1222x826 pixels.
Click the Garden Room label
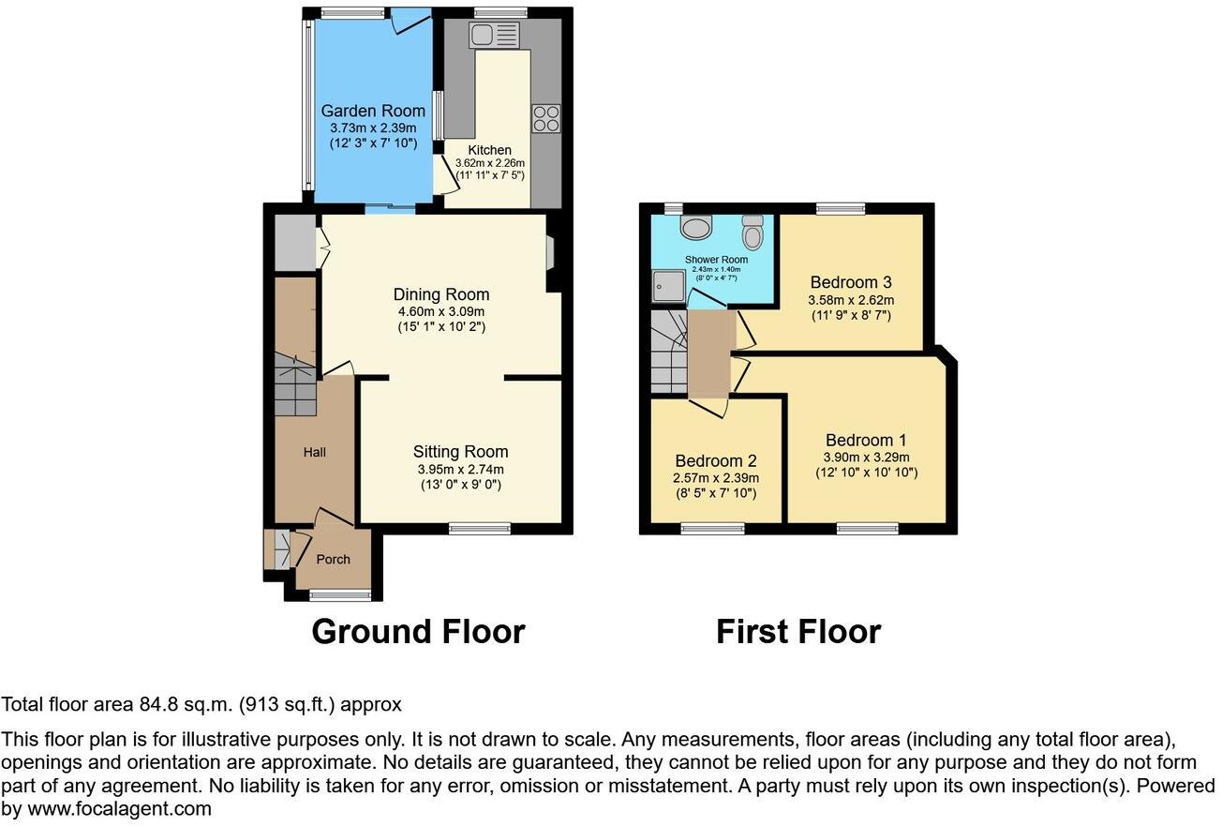373,111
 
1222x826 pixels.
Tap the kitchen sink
494,37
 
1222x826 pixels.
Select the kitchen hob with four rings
546,117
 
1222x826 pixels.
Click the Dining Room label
441,294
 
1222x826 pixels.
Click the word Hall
315,452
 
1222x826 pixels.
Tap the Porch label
333,560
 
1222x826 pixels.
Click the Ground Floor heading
418,631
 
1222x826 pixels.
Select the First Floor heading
798,631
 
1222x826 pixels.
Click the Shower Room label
716,260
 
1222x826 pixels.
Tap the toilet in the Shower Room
753,231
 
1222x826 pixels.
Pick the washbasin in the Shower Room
696,228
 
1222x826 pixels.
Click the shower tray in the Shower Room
668,286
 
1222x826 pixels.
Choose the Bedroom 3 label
851,282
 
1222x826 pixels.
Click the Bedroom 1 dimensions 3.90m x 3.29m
866,458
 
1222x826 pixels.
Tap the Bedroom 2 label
716,461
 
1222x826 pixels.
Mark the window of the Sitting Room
480,529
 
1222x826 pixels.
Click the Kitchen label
490,150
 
